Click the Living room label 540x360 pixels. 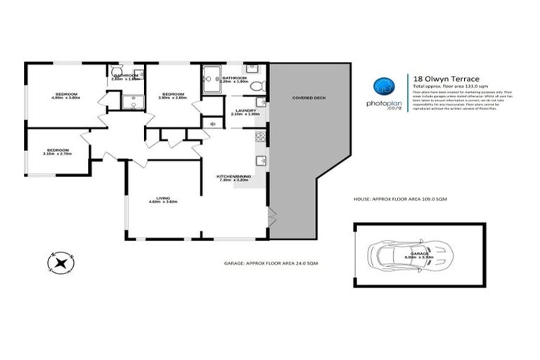pyautogui.click(x=163, y=200)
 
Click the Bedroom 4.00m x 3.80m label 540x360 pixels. pyautogui.click(x=67, y=96)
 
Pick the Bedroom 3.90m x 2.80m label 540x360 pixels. pyautogui.click(x=173, y=96)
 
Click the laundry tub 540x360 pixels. pyautogui.click(x=261, y=103)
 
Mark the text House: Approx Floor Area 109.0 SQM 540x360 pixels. pyautogui.click(x=400, y=200)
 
